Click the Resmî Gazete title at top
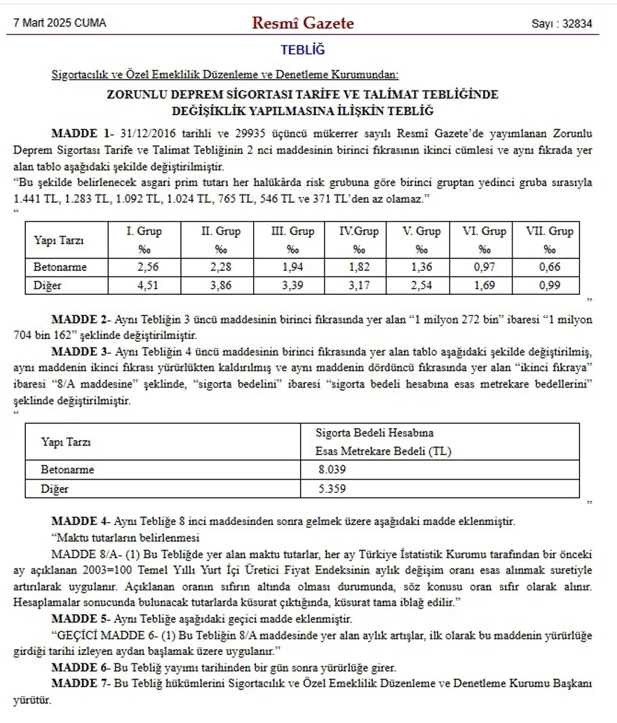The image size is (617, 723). click(x=303, y=23)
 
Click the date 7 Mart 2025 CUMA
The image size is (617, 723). click(x=60, y=23)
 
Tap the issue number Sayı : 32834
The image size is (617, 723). click(x=562, y=24)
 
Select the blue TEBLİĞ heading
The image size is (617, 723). click(x=303, y=51)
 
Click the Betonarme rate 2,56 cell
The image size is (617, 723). click(x=144, y=267)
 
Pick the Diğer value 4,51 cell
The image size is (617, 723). click(x=144, y=285)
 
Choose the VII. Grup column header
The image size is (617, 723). click(x=549, y=232)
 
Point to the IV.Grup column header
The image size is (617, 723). click(x=359, y=232)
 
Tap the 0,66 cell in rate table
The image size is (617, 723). click(x=549, y=267)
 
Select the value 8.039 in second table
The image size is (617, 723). click(x=332, y=470)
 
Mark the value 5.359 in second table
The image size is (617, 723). click(x=332, y=489)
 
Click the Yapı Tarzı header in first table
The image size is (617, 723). click(x=59, y=240)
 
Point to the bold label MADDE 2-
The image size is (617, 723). click(x=81, y=319)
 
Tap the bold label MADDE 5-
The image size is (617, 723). click(x=81, y=619)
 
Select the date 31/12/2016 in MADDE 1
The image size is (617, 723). click(x=145, y=133)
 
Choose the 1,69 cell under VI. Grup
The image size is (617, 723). click(x=484, y=285)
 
